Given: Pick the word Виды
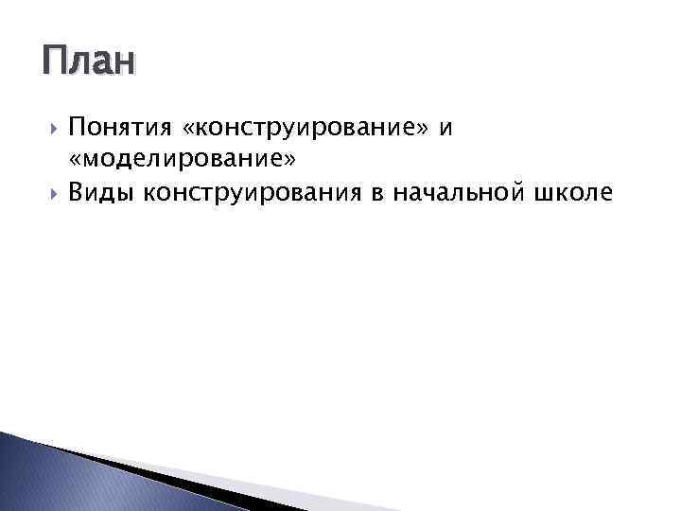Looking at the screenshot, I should pyautogui.click(x=101, y=194).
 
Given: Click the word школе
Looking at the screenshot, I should pyautogui.click(x=573, y=194).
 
